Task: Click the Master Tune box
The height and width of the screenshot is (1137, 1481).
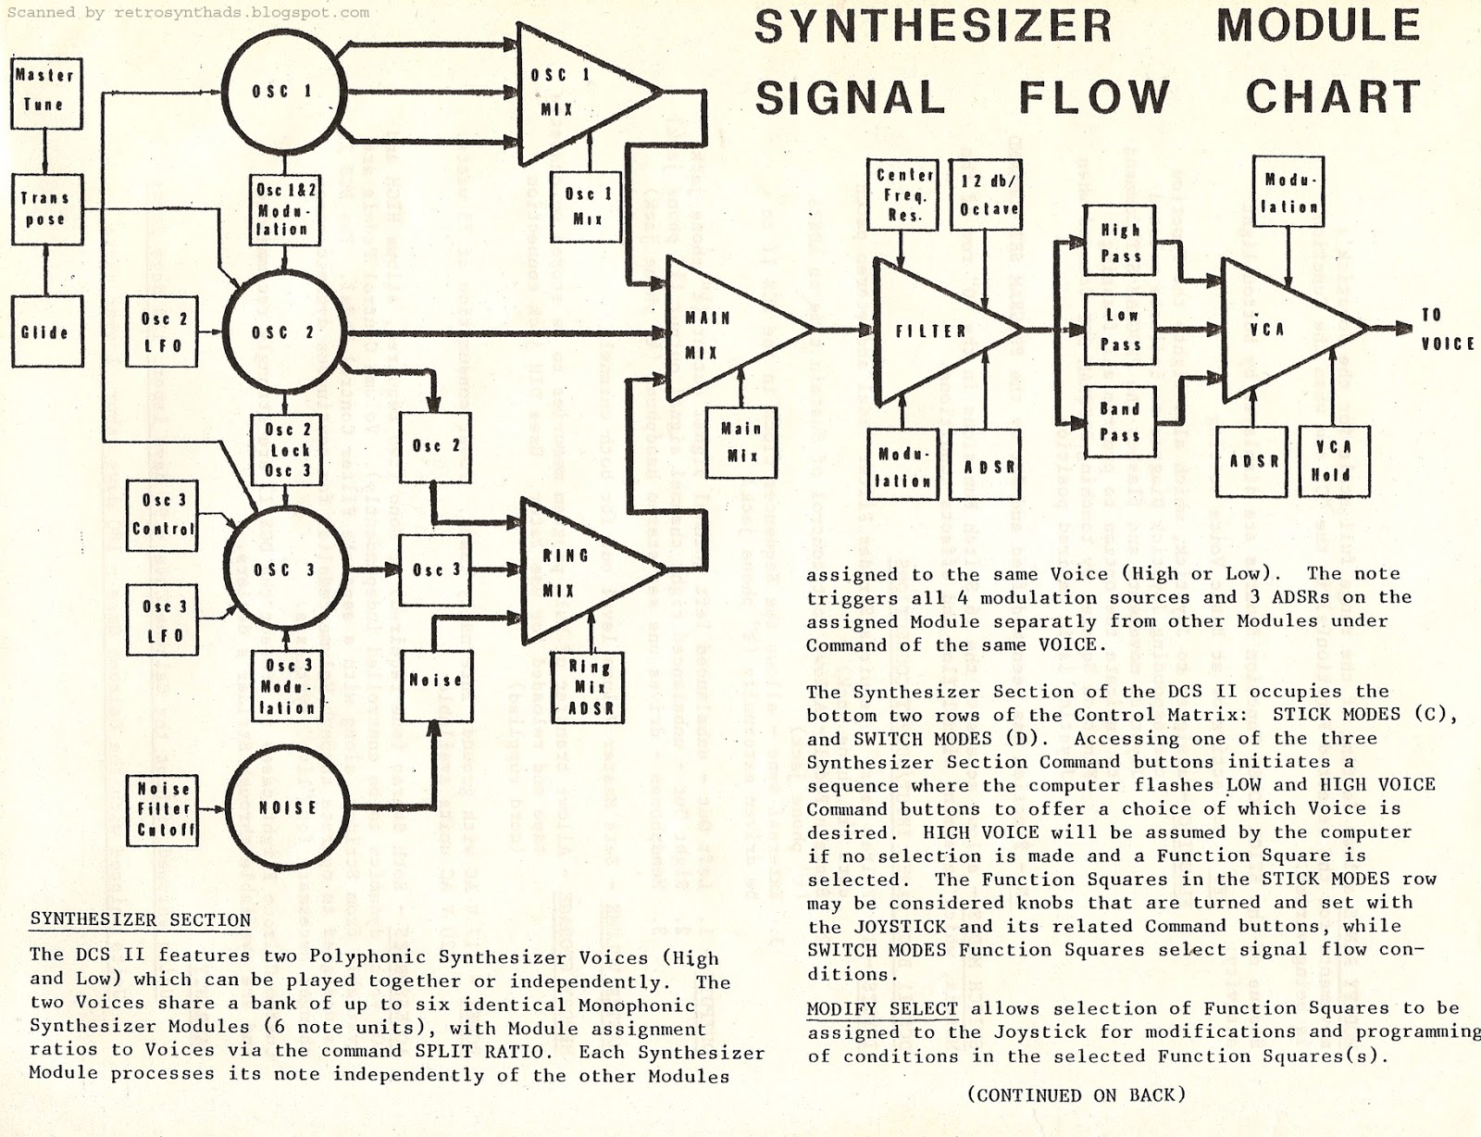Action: click(45, 91)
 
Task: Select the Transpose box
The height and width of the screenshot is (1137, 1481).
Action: click(45, 209)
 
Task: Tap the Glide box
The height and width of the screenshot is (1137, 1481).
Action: click(45, 331)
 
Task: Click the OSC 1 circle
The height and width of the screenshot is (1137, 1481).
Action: click(283, 92)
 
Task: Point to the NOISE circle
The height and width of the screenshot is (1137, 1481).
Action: click(286, 808)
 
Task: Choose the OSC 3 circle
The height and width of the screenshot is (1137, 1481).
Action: click(284, 570)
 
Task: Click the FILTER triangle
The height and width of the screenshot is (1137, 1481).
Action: click(935, 331)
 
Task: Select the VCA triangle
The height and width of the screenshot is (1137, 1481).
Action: click(1277, 329)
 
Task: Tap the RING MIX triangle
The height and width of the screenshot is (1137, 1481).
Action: click(574, 572)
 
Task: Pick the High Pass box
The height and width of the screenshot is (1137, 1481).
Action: click(1120, 243)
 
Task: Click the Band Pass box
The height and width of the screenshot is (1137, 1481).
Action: click(1120, 422)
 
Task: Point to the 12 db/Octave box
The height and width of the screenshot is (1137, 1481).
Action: click(989, 194)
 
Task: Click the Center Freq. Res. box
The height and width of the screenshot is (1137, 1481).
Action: click(903, 194)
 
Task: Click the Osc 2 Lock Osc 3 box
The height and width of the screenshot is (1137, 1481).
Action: click(287, 450)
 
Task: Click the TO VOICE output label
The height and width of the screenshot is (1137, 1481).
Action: click(1446, 330)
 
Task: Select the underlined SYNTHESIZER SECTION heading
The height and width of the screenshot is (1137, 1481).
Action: click(141, 920)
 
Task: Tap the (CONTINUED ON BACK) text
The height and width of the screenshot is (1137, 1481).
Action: click(1077, 1095)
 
